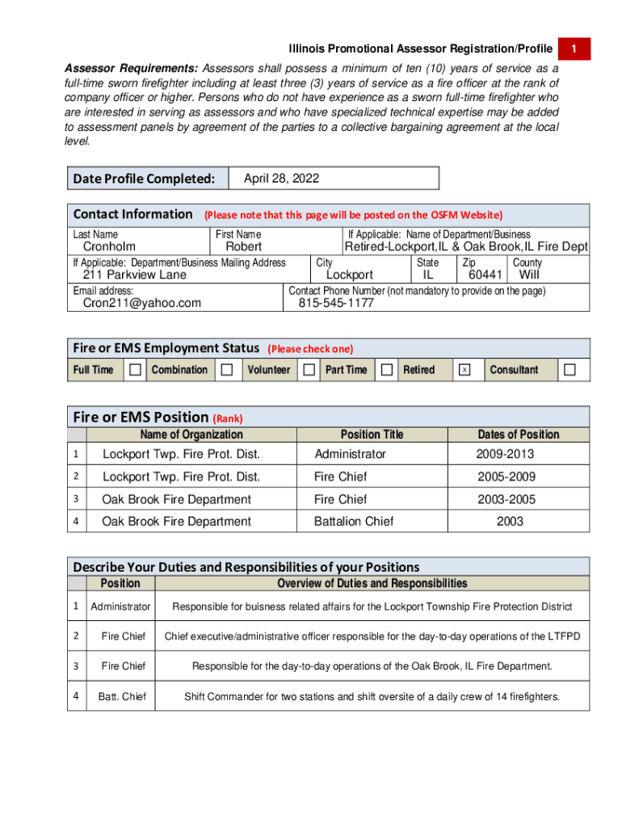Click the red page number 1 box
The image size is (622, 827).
(x=574, y=49)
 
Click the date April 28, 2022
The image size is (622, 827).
(x=281, y=178)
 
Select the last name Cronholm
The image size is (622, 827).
(x=110, y=247)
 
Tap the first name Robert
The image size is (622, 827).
(x=243, y=247)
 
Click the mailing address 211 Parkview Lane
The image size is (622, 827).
(x=135, y=275)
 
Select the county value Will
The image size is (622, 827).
(x=529, y=275)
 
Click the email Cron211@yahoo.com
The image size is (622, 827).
(x=142, y=304)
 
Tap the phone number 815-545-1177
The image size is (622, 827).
(x=336, y=304)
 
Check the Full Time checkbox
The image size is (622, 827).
(x=135, y=370)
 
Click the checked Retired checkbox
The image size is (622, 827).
(x=464, y=370)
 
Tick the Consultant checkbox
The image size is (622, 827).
(x=570, y=370)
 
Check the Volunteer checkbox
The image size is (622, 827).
(x=309, y=370)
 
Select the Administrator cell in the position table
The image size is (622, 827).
(x=350, y=455)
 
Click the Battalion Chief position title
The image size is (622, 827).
(x=354, y=522)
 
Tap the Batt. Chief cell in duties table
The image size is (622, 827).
(x=123, y=696)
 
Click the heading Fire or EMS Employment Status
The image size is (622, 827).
(x=166, y=348)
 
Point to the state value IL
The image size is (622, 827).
(x=428, y=275)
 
